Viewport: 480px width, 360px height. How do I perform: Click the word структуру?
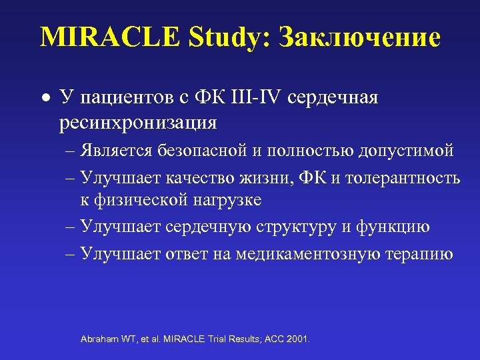[297, 227]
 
